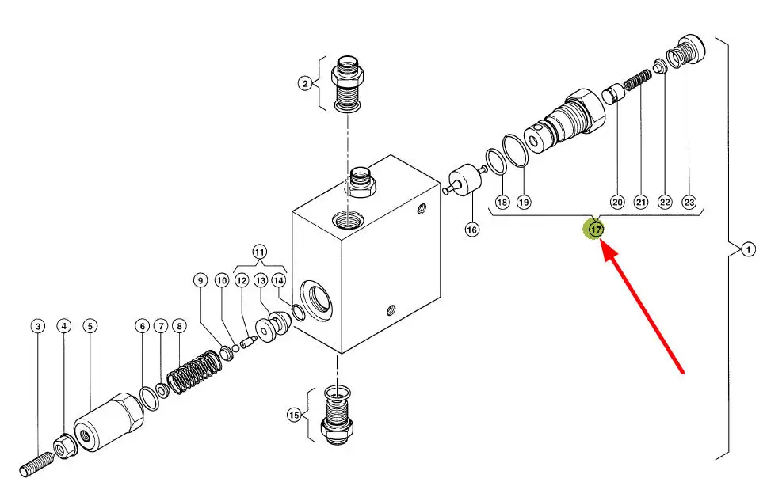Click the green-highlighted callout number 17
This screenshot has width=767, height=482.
[x=596, y=229]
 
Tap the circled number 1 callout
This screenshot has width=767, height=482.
[x=748, y=250]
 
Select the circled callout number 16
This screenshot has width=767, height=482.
[x=472, y=230]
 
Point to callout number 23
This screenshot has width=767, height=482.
[x=689, y=201]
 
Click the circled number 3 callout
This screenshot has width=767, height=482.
[x=38, y=326]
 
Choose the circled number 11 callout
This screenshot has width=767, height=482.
[x=260, y=252]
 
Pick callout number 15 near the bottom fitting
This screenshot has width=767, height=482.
[x=293, y=415]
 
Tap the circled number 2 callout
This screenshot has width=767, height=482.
[x=305, y=84]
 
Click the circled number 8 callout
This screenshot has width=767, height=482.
[x=179, y=326]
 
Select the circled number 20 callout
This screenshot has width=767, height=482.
[x=617, y=201]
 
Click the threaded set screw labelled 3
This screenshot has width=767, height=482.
[x=37, y=464]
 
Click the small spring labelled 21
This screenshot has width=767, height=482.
[x=639, y=80]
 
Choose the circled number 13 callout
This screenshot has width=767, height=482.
[x=260, y=281]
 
